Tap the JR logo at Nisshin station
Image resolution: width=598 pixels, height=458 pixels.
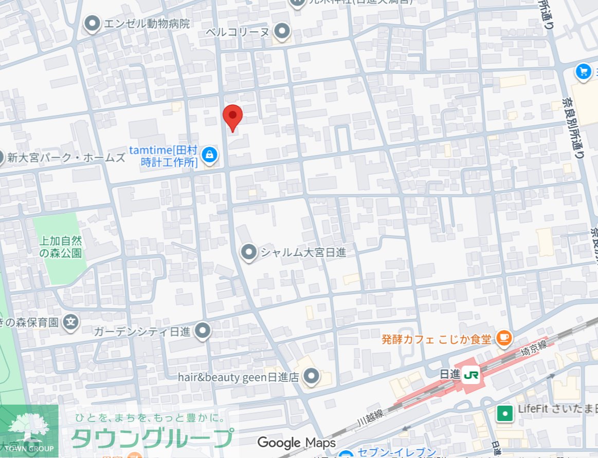(x=470, y=376)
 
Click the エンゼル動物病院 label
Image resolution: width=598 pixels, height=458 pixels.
(x=147, y=24)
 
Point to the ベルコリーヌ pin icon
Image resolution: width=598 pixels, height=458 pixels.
(x=281, y=31)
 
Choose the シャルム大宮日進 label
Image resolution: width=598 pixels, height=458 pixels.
(x=303, y=253)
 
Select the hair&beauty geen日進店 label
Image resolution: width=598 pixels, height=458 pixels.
(x=239, y=377)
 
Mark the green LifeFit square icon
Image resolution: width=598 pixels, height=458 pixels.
(x=505, y=413)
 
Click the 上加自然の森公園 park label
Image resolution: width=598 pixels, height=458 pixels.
(x=61, y=246)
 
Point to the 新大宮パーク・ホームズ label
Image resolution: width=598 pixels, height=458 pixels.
(x=66, y=158)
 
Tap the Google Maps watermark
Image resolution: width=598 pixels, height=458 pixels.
(x=296, y=443)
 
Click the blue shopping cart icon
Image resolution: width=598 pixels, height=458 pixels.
(x=584, y=71)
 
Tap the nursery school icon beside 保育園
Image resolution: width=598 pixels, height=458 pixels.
(x=71, y=322)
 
